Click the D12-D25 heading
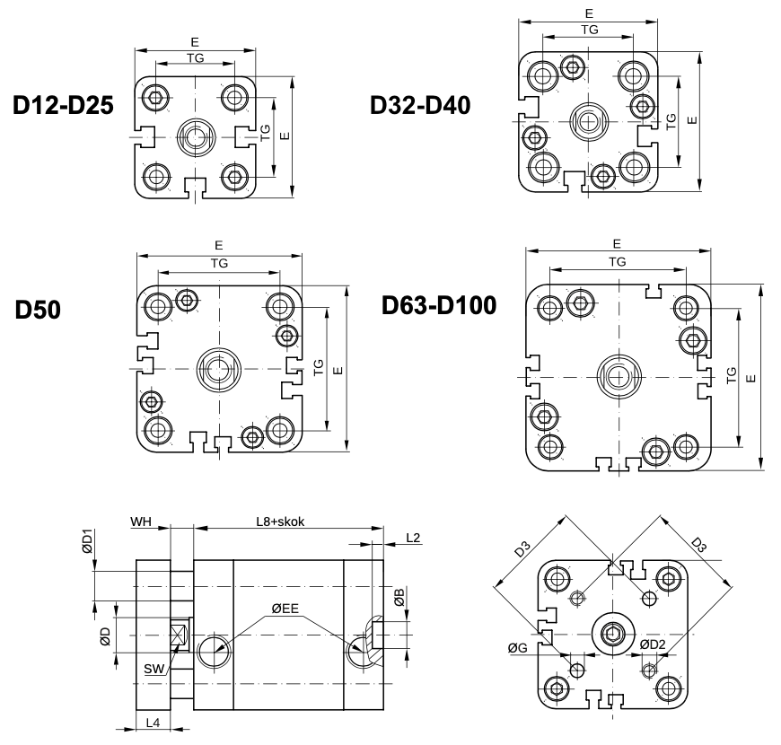pyautogui.click(x=63, y=106)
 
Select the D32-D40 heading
pyautogui.click(x=420, y=106)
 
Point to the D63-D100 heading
pyautogui.click(x=438, y=305)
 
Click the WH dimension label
pyautogui.click(x=142, y=521)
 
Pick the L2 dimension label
pyautogui.click(x=412, y=538)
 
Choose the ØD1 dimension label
pyautogui.click(x=86, y=545)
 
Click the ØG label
pyautogui.click(x=516, y=647)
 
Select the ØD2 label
pyautogui.click(x=653, y=646)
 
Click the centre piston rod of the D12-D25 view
pyautogui.click(x=195, y=136)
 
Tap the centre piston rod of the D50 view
pyautogui.click(x=218, y=366)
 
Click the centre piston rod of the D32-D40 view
pyautogui.click(x=588, y=119)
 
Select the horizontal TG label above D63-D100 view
pyautogui.click(x=617, y=261)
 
